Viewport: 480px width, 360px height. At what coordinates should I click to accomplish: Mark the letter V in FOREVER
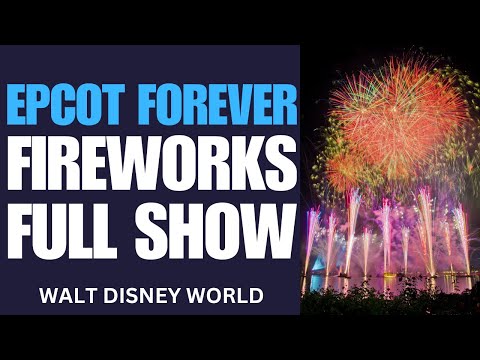[x=236, y=103]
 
